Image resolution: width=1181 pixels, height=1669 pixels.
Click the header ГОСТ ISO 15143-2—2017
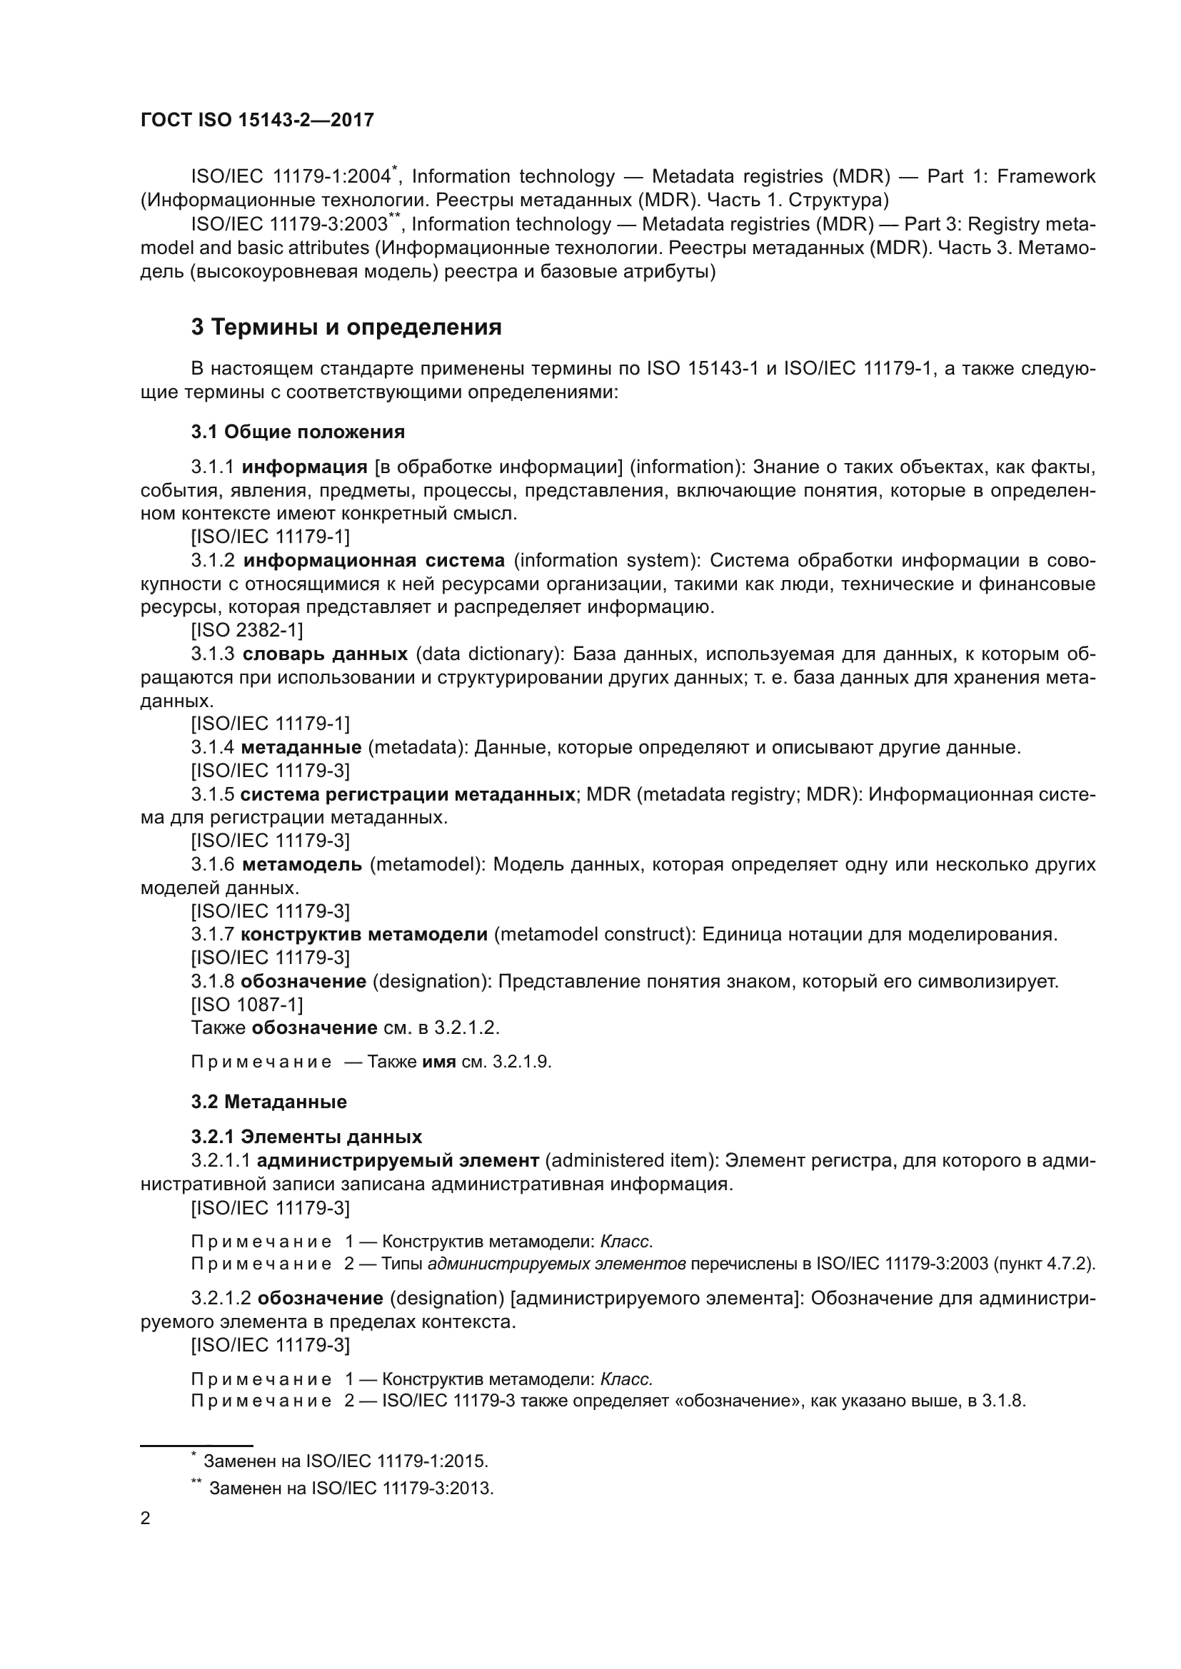coord(257,120)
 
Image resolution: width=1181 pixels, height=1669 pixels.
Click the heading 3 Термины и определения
coord(346,328)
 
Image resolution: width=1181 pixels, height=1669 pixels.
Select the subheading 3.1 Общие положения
coord(298,432)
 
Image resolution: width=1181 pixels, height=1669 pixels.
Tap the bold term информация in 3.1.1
coord(305,467)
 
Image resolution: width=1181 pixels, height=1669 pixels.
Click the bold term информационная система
coord(373,560)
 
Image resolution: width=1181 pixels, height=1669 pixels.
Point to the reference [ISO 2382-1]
coord(246,630)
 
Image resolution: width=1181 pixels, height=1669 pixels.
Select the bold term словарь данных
coord(324,654)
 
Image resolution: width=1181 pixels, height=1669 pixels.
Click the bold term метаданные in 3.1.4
coord(301,747)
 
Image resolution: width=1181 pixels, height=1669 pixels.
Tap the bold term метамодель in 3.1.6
coord(302,865)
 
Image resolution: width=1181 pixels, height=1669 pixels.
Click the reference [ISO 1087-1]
coord(246,1005)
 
